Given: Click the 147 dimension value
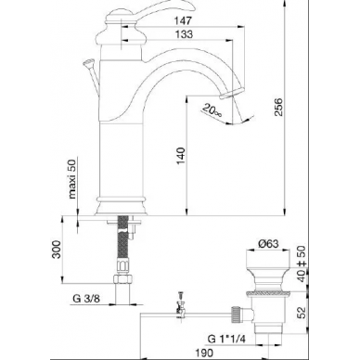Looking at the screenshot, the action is click(x=183, y=20).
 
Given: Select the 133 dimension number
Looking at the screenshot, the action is click(x=184, y=34).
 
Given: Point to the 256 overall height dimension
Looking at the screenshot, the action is click(x=278, y=107).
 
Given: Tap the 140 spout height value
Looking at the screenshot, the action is click(x=181, y=156).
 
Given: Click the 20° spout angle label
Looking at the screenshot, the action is click(x=212, y=110).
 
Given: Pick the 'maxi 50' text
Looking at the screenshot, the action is click(x=71, y=179).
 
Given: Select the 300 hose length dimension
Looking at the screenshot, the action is click(x=57, y=250).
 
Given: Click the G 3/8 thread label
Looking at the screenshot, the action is click(x=86, y=299).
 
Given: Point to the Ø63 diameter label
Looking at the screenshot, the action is click(x=268, y=243).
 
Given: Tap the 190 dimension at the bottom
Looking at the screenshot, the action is click(x=204, y=353).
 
